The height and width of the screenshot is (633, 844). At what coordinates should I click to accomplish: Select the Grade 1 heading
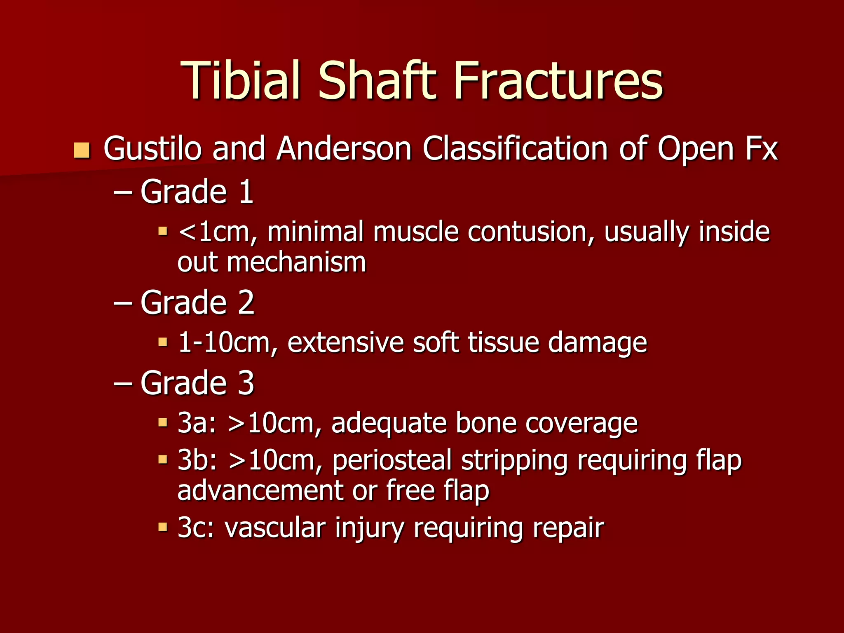click(197, 192)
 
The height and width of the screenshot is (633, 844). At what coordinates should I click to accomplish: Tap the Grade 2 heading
click(197, 302)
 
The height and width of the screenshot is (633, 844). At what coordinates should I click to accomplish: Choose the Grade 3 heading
click(197, 383)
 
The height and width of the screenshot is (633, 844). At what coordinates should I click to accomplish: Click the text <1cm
click(214, 232)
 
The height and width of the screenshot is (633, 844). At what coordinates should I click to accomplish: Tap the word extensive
click(345, 342)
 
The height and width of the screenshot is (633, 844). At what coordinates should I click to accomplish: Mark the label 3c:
click(196, 527)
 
